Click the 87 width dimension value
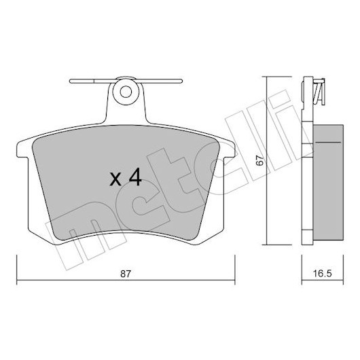coord(126,274)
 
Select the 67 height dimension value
coord(260,160)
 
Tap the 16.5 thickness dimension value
coord(323,274)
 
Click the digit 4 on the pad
coord(134,177)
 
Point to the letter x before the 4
coord(115,179)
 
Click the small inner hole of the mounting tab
coord(126,92)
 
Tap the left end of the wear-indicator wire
coord(71,81)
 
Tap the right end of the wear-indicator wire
coord(181,81)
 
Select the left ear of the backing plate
coord(22,149)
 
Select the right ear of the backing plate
coord(229,149)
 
